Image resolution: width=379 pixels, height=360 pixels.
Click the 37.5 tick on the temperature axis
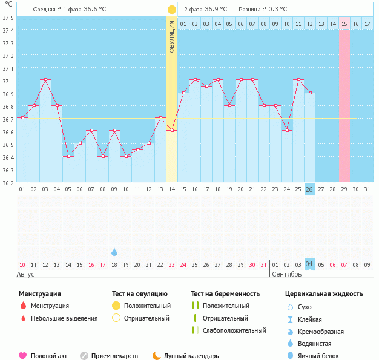[8, 18]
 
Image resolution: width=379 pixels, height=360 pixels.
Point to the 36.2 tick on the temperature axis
[8, 183]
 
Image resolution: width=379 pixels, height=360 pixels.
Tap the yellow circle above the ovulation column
[172, 10]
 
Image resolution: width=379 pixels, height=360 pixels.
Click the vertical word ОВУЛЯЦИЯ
[172, 36]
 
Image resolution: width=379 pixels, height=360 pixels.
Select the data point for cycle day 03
[45, 80]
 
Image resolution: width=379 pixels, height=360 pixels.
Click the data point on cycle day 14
[172, 130]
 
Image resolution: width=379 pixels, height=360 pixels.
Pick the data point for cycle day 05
[68, 156]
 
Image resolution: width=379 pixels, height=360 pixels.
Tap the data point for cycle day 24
[286, 130]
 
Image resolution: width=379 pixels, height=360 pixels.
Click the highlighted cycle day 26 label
[309, 189]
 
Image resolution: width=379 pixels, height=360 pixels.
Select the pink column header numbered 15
[344, 24]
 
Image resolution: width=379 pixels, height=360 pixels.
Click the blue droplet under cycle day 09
[114, 252]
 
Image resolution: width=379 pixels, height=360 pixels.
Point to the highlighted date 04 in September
[309, 264]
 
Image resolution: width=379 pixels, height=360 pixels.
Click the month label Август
[27, 274]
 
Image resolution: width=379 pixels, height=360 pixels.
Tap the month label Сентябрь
[285, 274]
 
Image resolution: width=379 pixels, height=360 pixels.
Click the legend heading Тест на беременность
[225, 293]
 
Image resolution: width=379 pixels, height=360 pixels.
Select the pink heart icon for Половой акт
[23, 356]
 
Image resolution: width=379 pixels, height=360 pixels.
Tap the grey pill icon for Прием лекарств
[84, 356]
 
